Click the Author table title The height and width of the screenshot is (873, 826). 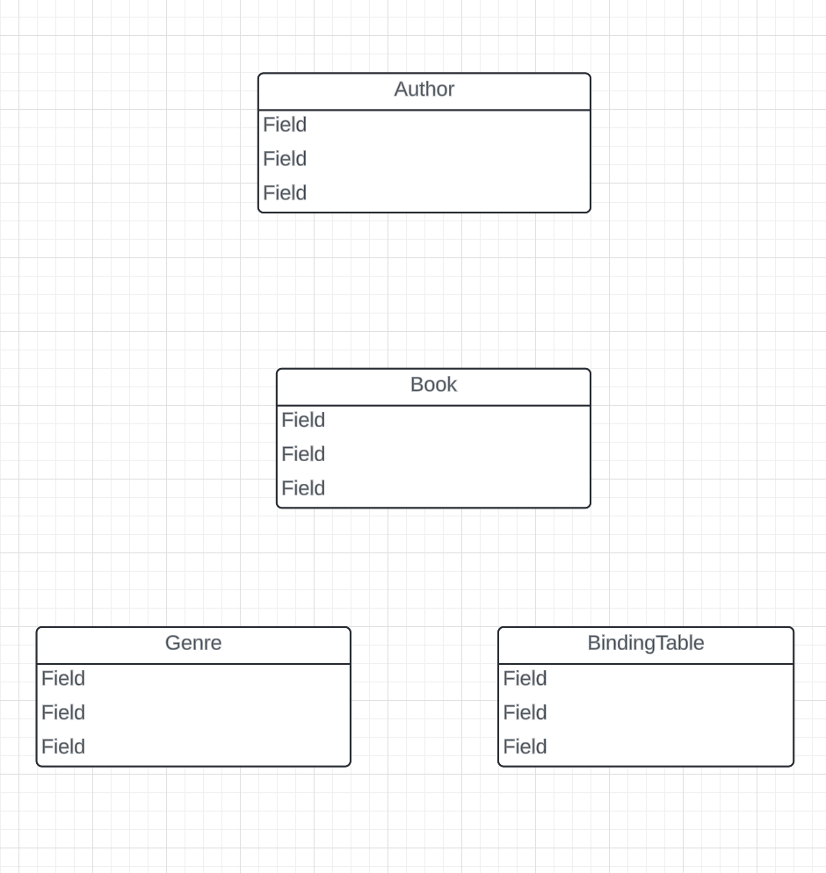point(424,90)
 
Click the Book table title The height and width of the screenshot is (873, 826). point(433,385)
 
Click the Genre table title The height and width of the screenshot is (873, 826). point(193,643)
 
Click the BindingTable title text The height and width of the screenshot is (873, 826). point(646,643)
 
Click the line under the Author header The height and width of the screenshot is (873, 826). point(424,110)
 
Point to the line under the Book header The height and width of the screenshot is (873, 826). point(433,405)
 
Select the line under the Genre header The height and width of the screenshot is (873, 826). point(193,664)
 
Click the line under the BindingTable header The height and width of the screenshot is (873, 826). point(646,664)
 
